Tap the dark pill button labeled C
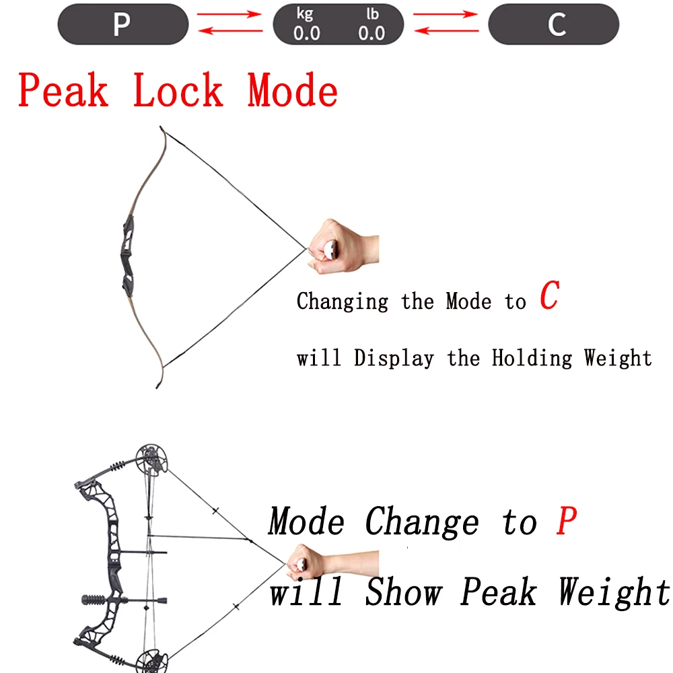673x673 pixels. (553, 24)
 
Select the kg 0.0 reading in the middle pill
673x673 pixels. (306, 26)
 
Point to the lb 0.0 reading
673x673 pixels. (371, 26)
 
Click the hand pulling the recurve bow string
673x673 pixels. (343, 245)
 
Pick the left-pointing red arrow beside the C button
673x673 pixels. (445, 31)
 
